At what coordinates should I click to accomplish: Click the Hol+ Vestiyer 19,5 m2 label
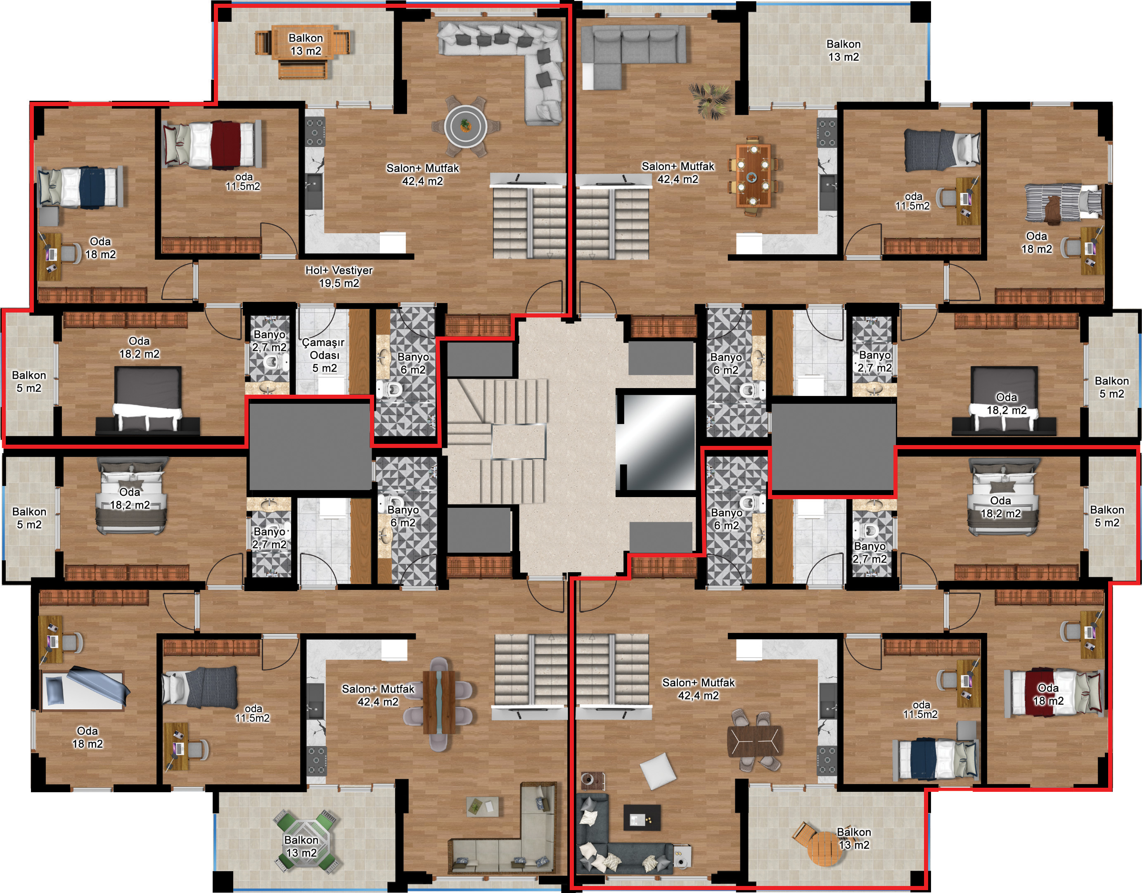click(x=339, y=277)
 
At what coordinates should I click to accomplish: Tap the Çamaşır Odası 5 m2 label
click(x=324, y=355)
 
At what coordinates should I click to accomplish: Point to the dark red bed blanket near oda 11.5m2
click(x=226, y=143)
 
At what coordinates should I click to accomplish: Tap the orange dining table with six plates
click(x=753, y=175)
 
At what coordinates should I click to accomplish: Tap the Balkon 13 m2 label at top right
click(x=843, y=50)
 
